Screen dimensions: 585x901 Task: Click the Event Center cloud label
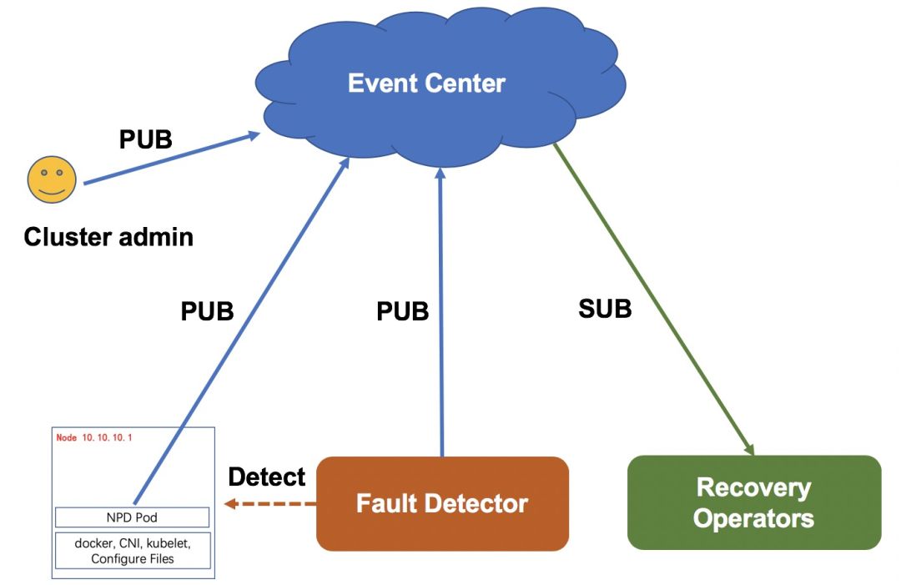426,83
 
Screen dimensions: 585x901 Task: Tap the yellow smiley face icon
52,179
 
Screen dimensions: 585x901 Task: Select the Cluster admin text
108,237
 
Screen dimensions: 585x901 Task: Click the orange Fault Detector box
442,504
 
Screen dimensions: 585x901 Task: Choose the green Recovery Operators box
753,502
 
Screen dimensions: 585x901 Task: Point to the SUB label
605,309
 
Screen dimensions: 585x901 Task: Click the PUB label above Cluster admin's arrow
145,139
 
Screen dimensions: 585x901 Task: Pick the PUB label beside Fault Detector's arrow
402,311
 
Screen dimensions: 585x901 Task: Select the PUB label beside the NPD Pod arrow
207,311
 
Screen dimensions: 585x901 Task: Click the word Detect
267,477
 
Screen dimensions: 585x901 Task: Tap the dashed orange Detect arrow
270,504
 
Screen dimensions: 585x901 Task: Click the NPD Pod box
132,517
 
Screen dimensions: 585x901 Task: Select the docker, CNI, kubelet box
132,551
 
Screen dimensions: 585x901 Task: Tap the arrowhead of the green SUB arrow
748,449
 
